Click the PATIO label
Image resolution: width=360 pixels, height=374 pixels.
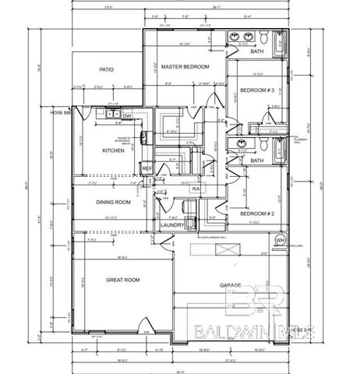click(107, 70)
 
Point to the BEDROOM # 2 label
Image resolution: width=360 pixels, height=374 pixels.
click(256, 213)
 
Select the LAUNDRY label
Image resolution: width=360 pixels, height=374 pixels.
click(171, 225)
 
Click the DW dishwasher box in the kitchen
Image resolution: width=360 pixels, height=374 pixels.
click(115, 115)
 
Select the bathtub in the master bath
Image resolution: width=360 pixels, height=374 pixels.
click(282, 40)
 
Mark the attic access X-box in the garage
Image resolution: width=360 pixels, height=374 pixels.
click(228, 250)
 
